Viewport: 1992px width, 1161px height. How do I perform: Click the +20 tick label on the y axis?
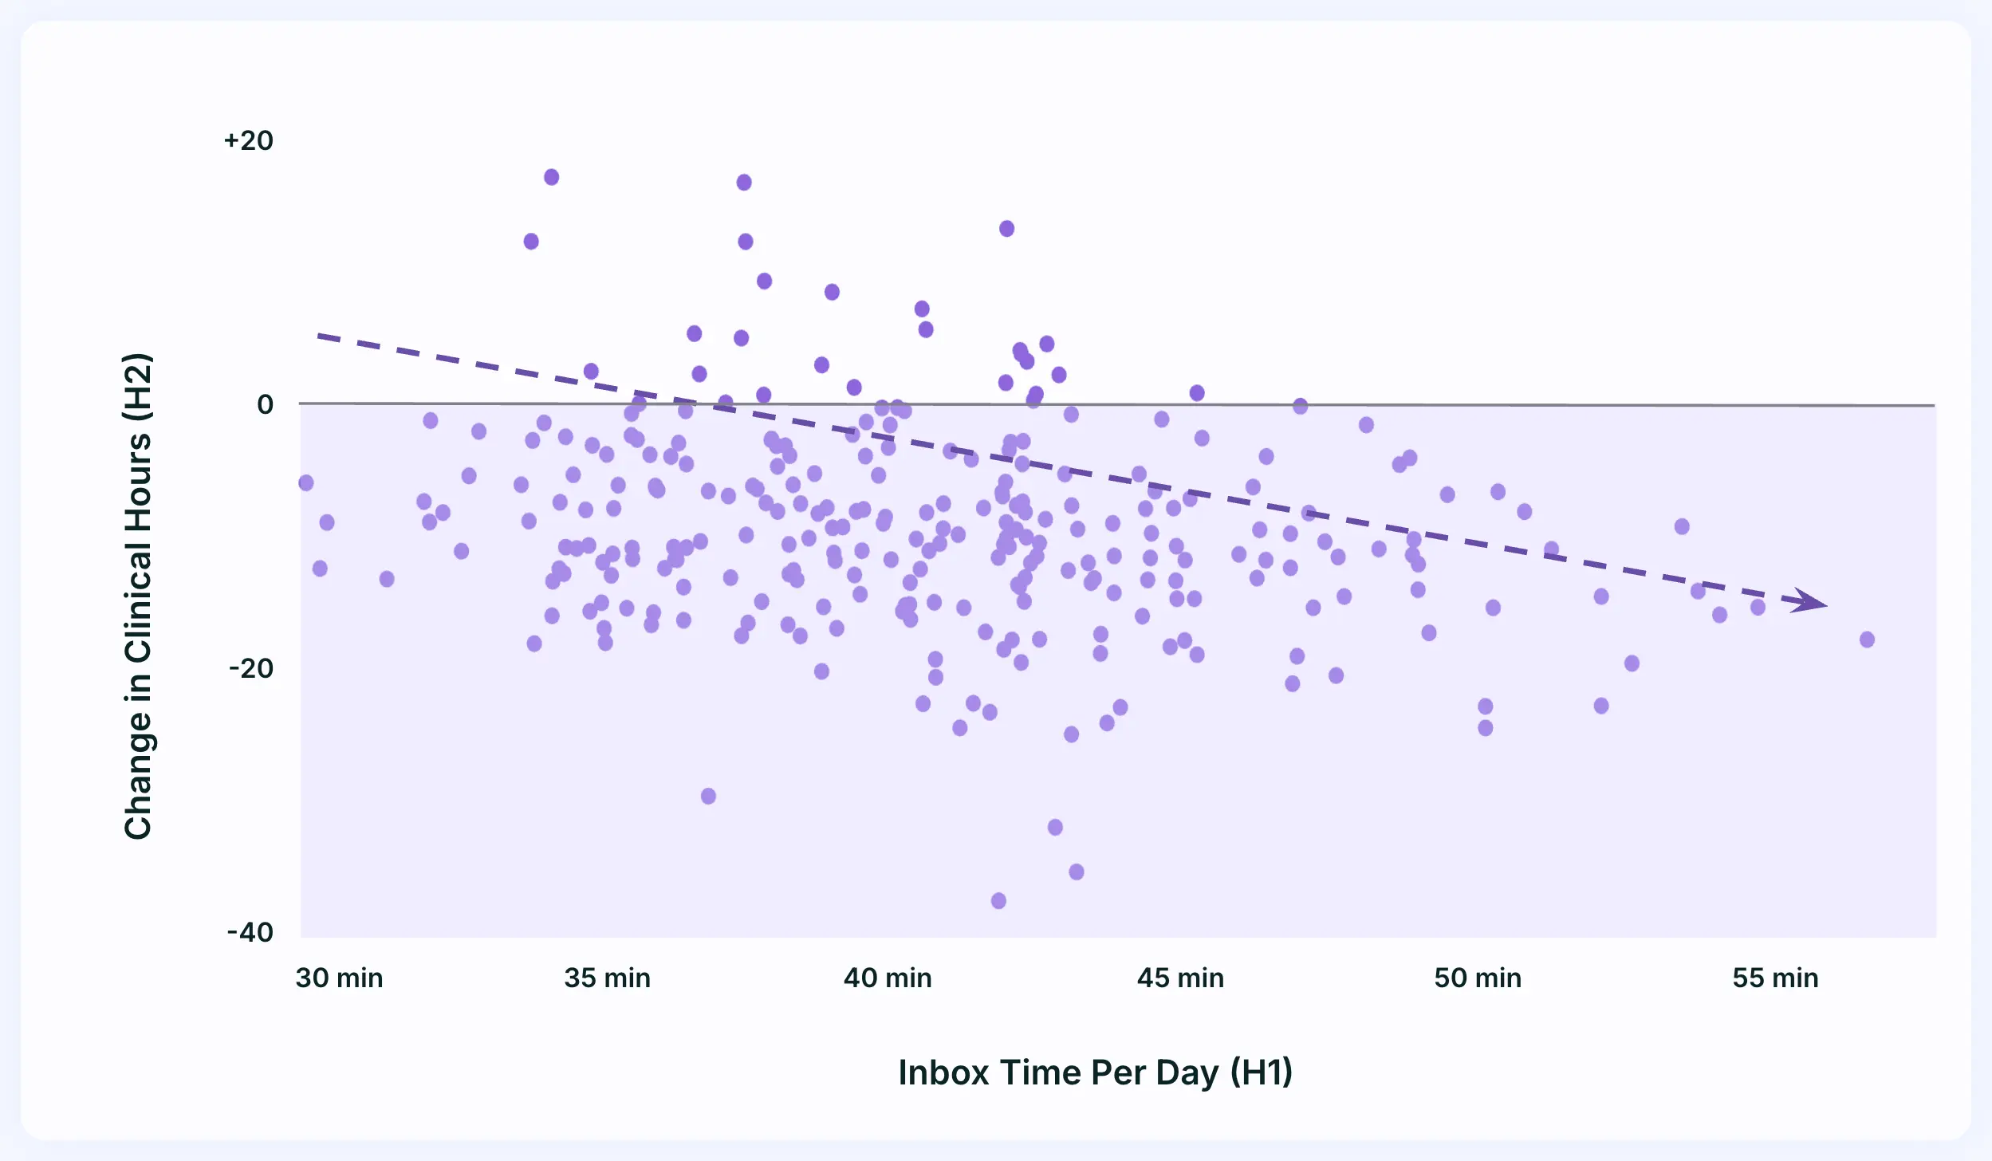[x=249, y=141]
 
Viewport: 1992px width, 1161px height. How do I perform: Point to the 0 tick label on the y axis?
[x=265, y=405]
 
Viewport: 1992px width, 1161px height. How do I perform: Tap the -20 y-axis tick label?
[x=251, y=668]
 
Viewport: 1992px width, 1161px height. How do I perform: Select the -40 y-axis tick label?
[x=250, y=932]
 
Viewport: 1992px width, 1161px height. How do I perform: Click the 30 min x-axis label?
[x=339, y=978]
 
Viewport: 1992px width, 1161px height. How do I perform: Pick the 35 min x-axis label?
[x=607, y=978]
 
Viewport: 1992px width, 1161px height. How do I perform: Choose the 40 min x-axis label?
[x=888, y=978]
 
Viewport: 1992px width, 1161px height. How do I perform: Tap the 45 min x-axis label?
[x=1180, y=978]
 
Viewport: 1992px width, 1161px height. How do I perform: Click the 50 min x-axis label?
[x=1478, y=978]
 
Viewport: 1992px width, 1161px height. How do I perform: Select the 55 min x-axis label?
[x=1775, y=978]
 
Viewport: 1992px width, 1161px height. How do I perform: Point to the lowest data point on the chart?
[x=998, y=901]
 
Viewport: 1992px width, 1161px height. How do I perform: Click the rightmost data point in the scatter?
[x=1867, y=640]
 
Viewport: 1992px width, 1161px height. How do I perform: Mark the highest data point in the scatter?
[x=552, y=177]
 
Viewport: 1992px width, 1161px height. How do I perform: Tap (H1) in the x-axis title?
[x=1261, y=1073]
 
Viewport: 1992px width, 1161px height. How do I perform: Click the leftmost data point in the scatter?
[x=306, y=483]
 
